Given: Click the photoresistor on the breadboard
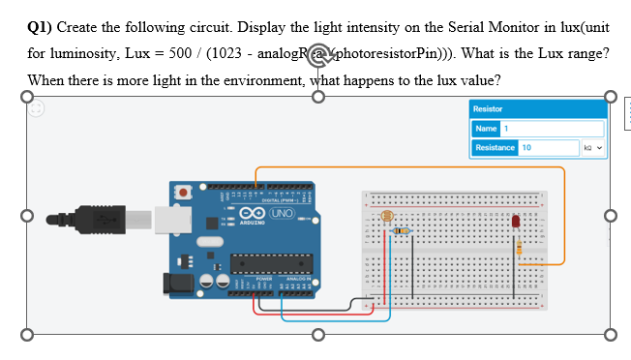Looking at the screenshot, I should (x=386, y=218).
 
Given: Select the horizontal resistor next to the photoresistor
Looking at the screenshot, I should (x=402, y=231).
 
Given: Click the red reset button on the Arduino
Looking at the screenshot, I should (x=184, y=194).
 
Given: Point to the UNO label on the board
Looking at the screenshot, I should (x=282, y=212).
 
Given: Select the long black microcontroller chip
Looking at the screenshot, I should (x=271, y=260).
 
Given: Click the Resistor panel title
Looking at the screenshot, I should (x=488, y=109).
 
